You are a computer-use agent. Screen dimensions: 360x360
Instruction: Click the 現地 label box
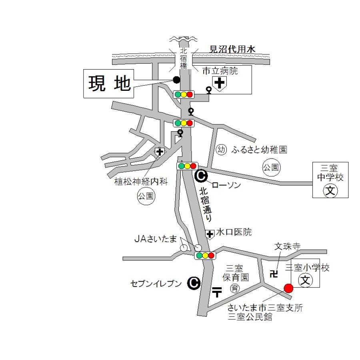point(108,84)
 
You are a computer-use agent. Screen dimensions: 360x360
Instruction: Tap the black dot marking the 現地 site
point(176,80)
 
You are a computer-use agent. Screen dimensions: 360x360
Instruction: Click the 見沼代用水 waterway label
point(233,50)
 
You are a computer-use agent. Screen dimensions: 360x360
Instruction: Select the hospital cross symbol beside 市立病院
point(219,83)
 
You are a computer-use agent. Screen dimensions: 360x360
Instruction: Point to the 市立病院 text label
point(220,71)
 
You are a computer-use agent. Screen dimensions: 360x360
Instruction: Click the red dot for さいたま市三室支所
point(288,288)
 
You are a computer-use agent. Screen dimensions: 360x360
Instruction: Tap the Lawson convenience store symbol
point(201,175)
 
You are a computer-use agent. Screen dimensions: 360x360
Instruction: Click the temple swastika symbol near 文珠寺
point(274,274)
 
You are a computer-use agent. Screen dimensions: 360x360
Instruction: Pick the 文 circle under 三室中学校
point(330,190)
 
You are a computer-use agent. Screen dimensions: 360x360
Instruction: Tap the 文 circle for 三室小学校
point(306,280)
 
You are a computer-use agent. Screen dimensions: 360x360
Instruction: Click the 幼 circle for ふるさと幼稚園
point(221,150)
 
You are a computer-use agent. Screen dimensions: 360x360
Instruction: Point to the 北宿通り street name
point(206,204)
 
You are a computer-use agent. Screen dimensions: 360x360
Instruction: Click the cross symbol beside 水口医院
point(210,234)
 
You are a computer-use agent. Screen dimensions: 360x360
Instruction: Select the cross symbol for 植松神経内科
point(160,152)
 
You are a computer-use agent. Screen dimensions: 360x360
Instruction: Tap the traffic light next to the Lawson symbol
point(187,166)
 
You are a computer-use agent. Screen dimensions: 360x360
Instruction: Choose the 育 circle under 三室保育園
point(235,288)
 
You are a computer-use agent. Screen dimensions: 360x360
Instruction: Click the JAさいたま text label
point(155,239)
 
